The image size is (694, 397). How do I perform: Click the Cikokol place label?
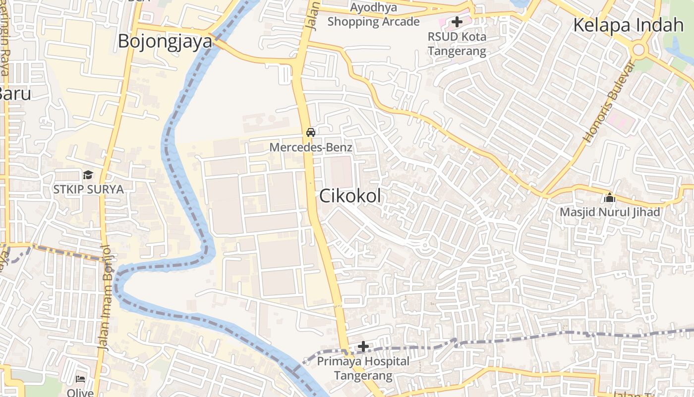(350, 196)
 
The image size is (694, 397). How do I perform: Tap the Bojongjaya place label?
(165, 42)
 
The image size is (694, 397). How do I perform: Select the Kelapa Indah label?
(628, 25)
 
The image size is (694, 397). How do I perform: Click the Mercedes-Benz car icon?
(311, 132)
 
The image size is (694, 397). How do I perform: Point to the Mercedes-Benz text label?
(311, 147)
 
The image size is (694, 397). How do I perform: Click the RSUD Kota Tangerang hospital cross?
(457, 22)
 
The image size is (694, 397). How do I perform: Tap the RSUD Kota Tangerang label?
(457, 44)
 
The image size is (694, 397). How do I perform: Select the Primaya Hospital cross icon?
(363, 346)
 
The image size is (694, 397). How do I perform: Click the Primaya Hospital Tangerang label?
(363, 368)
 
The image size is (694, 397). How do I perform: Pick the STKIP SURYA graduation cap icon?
(88, 175)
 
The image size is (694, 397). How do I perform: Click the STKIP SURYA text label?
(88, 189)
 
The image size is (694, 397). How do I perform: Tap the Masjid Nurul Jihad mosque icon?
(609, 198)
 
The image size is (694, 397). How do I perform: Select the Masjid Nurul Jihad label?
(610, 212)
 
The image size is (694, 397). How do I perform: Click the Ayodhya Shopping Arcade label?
(373, 15)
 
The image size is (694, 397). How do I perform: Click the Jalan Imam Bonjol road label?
(105, 298)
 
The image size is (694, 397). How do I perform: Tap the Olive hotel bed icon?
(80, 379)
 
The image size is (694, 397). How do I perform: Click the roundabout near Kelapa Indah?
(638, 49)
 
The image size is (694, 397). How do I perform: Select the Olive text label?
(80, 393)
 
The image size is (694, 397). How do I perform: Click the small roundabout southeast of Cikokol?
(425, 245)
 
